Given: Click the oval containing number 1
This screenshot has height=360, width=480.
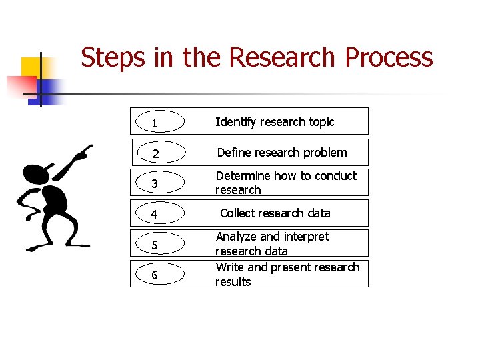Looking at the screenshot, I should [x=156, y=122].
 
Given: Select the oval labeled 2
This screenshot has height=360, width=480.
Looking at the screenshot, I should [x=156, y=153].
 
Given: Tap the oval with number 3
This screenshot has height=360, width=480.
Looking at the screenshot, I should [x=156, y=183].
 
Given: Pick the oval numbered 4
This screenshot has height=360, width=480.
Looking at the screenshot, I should [x=156, y=214].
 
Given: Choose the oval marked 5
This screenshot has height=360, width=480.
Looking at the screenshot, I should [x=156, y=244].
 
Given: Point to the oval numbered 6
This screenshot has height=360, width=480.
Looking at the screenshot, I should [x=156, y=274].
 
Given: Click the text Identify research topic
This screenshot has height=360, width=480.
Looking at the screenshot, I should [x=275, y=122].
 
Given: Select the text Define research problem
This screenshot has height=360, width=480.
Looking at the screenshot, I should [x=282, y=153].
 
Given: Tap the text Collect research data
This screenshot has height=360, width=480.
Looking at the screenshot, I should [x=275, y=213].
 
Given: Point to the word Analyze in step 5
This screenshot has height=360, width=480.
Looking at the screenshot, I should [x=236, y=237].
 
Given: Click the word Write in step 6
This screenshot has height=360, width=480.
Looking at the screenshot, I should [x=229, y=267].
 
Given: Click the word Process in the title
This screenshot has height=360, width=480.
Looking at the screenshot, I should [x=389, y=58].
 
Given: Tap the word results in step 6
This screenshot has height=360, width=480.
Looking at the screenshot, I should [x=233, y=282].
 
